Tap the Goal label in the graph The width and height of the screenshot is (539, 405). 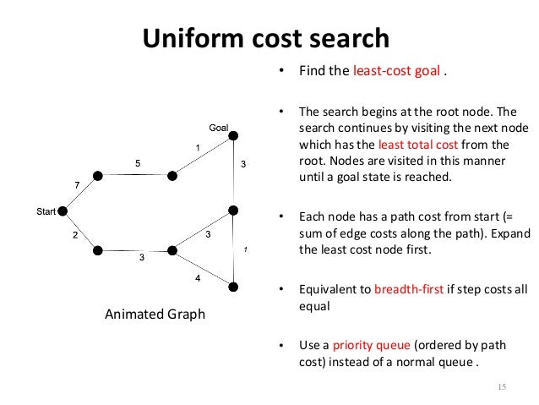(219, 128)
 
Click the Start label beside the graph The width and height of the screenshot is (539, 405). (46, 211)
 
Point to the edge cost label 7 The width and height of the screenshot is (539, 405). (77, 184)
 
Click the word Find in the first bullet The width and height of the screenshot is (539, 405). (312, 70)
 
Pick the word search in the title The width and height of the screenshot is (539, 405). (348, 38)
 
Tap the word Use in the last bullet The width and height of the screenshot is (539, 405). (309, 346)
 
